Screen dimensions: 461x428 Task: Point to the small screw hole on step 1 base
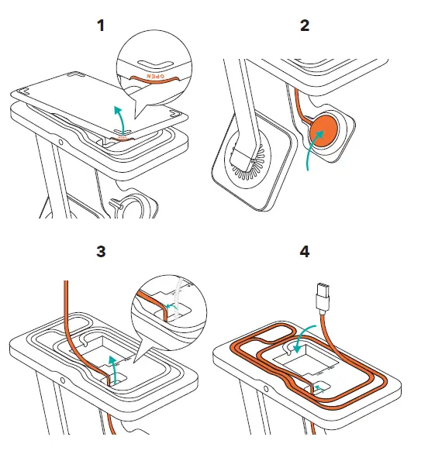[x=60, y=143]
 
